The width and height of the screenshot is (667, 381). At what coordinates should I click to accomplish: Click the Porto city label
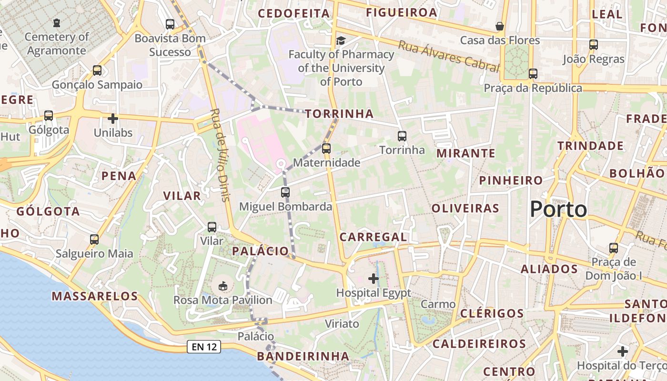point(558,209)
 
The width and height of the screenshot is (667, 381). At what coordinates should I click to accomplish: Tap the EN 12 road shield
point(204,347)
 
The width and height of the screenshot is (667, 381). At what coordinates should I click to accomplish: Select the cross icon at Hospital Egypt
point(374,278)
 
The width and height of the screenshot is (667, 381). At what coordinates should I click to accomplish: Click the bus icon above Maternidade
point(326,148)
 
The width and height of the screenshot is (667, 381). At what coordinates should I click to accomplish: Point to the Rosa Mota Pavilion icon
point(222,286)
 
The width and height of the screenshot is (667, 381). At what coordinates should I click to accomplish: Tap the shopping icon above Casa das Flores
point(500,26)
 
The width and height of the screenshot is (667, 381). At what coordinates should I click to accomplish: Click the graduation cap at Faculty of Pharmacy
point(341,40)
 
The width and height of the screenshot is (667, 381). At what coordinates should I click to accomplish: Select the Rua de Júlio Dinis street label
point(220,155)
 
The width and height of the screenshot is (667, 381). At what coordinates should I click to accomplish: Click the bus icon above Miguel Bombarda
point(285,192)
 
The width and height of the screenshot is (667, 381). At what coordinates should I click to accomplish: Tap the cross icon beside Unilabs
point(113,118)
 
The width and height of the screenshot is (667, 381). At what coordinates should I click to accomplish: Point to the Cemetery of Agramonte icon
point(57,22)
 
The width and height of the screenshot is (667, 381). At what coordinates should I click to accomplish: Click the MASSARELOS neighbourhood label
point(95,296)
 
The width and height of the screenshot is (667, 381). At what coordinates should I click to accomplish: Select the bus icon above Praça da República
point(533,74)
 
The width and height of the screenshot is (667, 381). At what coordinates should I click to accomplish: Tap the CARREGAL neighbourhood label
point(373,237)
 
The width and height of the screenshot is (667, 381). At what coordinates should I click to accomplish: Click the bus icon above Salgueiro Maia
point(94,239)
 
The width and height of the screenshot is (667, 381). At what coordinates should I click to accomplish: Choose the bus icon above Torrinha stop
point(402,136)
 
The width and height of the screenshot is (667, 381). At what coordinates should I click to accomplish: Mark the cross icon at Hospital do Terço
point(622,351)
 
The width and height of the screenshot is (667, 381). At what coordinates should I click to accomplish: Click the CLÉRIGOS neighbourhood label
point(492,313)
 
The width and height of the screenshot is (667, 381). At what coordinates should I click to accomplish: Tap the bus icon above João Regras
point(593,45)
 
